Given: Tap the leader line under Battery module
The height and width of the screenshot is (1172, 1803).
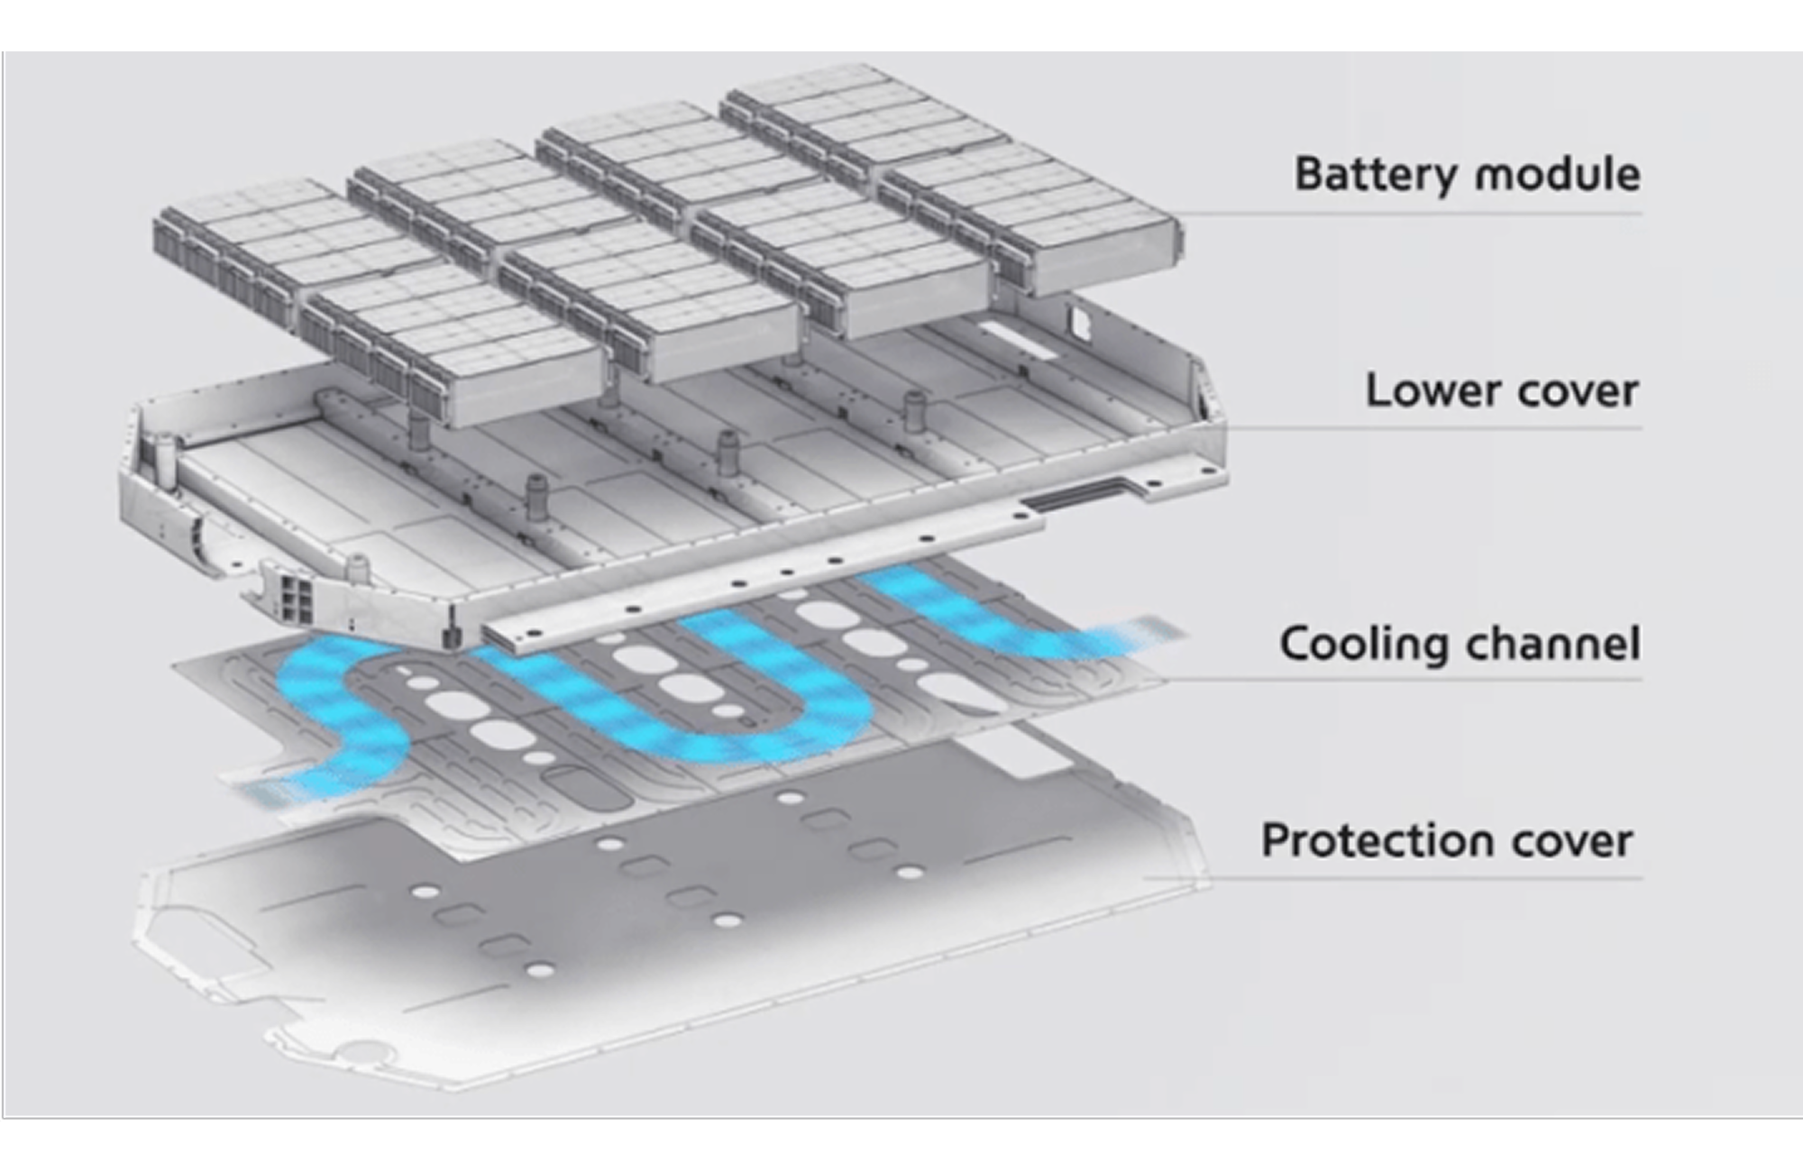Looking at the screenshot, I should (1406, 215).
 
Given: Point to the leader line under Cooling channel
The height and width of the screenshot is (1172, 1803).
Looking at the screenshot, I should (1406, 679).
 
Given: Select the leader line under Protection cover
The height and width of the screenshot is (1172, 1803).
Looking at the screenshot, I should (1397, 877).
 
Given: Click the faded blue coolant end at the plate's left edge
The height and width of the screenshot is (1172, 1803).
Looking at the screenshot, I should (261, 792).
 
